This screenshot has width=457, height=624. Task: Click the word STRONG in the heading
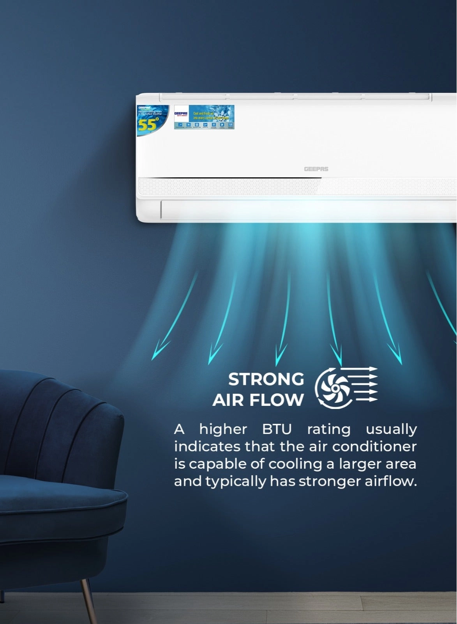pos(266,379)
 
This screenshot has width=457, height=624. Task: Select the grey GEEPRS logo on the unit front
pos(316,169)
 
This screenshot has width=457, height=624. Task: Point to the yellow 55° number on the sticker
pos(148,124)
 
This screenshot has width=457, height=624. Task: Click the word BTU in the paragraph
pos(277,429)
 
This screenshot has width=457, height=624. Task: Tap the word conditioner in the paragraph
pos(374,446)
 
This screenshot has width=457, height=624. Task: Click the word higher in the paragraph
pos(223,429)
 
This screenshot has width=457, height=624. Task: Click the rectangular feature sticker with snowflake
pos(204,117)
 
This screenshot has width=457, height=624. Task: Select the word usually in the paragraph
pos(391,429)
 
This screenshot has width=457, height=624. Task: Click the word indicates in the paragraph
pos(207,446)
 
